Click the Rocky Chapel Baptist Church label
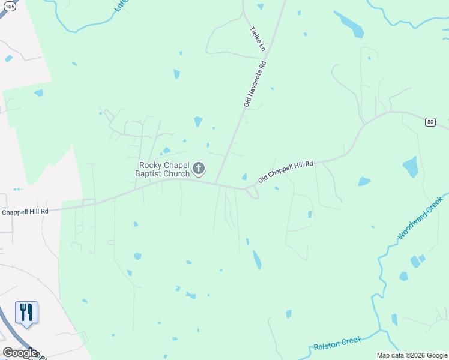164,169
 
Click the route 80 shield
430,122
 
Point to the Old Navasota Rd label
255,83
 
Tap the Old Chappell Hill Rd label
286,172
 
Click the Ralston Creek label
337,343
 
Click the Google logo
20,353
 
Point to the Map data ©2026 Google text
412,355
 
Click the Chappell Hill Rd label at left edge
24,212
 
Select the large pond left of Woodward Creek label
411,166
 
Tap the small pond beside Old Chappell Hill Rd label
244,176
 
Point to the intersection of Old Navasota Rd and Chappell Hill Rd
215,183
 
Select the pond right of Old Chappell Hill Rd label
364,181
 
